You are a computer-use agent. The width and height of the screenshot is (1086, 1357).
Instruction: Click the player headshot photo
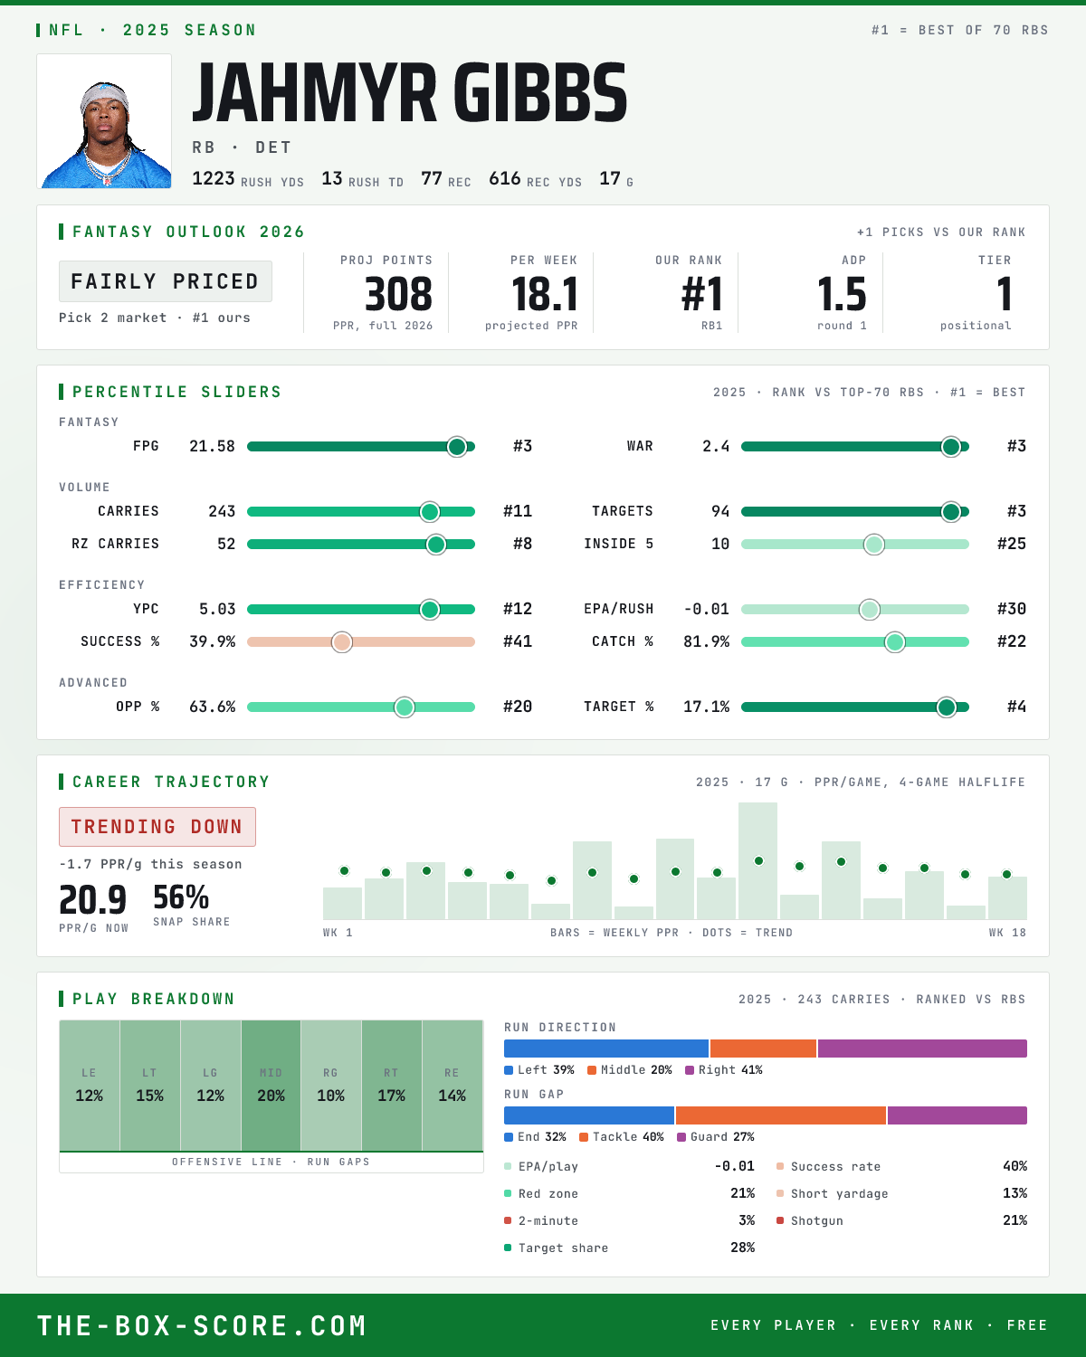(x=104, y=121)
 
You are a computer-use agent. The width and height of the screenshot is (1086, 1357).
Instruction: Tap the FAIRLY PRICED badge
(x=166, y=281)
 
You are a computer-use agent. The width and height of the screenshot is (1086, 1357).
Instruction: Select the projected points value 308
(x=398, y=294)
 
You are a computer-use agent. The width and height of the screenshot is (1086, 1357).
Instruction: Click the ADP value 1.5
(x=841, y=294)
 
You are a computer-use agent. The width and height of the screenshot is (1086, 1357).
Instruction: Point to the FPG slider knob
(x=457, y=446)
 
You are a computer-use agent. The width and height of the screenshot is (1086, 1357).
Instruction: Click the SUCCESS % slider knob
(x=342, y=642)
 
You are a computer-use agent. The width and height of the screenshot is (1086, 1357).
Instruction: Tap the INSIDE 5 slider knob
(x=874, y=545)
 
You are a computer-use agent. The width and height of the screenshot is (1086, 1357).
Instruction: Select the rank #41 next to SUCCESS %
(x=518, y=642)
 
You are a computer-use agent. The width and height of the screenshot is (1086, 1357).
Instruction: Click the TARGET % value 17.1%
(x=706, y=707)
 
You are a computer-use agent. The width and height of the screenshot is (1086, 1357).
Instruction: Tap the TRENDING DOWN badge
(x=157, y=827)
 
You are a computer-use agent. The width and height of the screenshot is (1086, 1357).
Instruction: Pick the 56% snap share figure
(x=181, y=897)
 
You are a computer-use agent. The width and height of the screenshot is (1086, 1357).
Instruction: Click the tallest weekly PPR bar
(x=757, y=860)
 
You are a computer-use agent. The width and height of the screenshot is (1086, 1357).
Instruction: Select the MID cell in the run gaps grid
(x=271, y=1086)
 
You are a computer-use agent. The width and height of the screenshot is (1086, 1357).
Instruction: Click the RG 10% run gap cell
(x=330, y=1086)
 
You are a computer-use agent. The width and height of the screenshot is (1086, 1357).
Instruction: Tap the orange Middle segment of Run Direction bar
(x=763, y=1049)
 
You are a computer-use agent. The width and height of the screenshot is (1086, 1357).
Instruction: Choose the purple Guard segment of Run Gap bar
(x=957, y=1115)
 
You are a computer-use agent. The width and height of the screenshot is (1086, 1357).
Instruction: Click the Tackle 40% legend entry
(x=622, y=1137)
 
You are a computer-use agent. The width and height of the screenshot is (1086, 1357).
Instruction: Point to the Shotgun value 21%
(x=1015, y=1220)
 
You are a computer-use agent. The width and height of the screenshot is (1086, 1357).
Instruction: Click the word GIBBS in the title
(x=540, y=92)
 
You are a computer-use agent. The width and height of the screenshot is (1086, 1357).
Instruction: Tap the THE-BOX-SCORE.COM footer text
(x=202, y=1325)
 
